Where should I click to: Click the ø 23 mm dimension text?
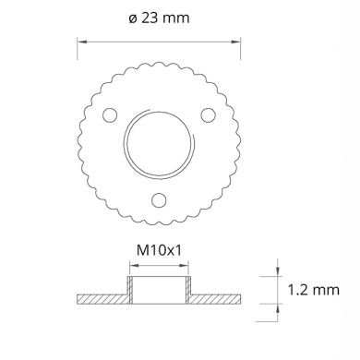158,20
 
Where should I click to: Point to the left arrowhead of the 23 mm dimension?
80,41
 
